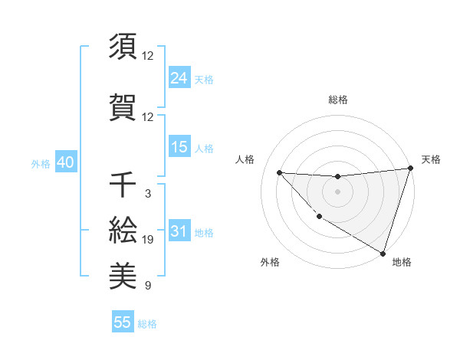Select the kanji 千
[x=123, y=186]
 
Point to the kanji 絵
[x=123, y=230]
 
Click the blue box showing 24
[x=179, y=78]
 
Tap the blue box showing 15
[x=179, y=147]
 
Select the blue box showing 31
[x=179, y=231]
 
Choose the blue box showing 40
[x=65, y=163]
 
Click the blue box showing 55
[x=123, y=322]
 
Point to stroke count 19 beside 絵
[x=148, y=241]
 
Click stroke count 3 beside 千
[x=148, y=194]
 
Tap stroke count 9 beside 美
[x=148, y=286]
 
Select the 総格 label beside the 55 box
[x=147, y=324]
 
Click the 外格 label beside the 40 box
[x=40, y=164]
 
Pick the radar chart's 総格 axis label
[x=337, y=100]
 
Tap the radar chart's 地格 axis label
[x=402, y=262]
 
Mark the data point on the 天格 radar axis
[x=410, y=169]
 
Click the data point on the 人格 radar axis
[x=279, y=172]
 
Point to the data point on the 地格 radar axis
[x=383, y=253]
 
